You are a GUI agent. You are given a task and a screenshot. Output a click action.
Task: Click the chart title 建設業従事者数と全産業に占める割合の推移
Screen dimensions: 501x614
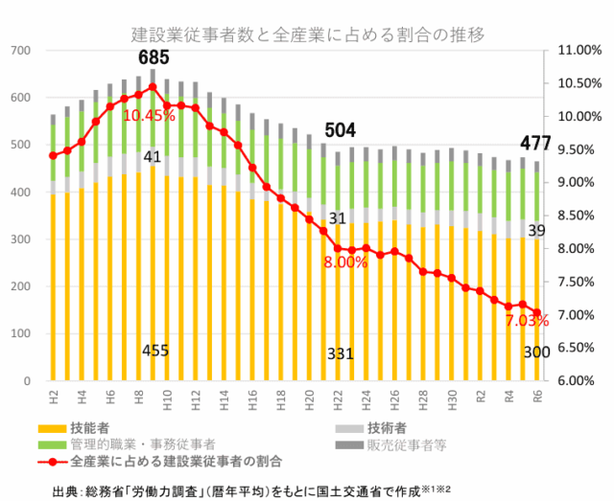(307, 34)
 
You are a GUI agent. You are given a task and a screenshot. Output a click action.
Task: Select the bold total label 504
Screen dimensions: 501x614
(342, 130)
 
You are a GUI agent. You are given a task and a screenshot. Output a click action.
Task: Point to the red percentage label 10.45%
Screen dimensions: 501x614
(149, 115)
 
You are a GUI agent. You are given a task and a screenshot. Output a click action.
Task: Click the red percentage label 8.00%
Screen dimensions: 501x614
(345, 262)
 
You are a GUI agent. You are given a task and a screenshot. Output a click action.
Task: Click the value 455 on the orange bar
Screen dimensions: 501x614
(154, 351)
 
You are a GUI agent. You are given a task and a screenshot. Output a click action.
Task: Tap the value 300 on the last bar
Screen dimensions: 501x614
(536, 353)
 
